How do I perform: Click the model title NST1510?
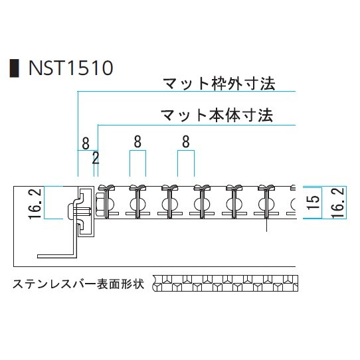(70, 68)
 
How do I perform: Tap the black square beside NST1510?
(14, 68)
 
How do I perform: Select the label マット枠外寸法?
(219, 84)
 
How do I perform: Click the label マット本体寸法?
(217, 116)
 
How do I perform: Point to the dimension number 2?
(96, 157)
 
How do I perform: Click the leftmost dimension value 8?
(86, 143)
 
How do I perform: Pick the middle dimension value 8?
(137, 141)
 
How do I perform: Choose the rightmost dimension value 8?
(186, 141)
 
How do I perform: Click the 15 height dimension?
(314, 203)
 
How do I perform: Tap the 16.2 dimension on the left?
(35, 203)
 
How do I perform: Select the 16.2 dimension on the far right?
(338, 203)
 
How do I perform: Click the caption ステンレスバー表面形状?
(78, 284)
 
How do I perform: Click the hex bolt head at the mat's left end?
(100, 204)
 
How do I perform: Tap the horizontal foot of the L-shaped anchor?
(56, 256)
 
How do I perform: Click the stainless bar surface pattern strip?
(225, 284)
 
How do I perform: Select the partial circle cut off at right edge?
(294, 204)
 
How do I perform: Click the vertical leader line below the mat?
(266, 225)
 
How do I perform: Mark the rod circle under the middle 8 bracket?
(137, 204)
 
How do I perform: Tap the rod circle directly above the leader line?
(266, 204)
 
